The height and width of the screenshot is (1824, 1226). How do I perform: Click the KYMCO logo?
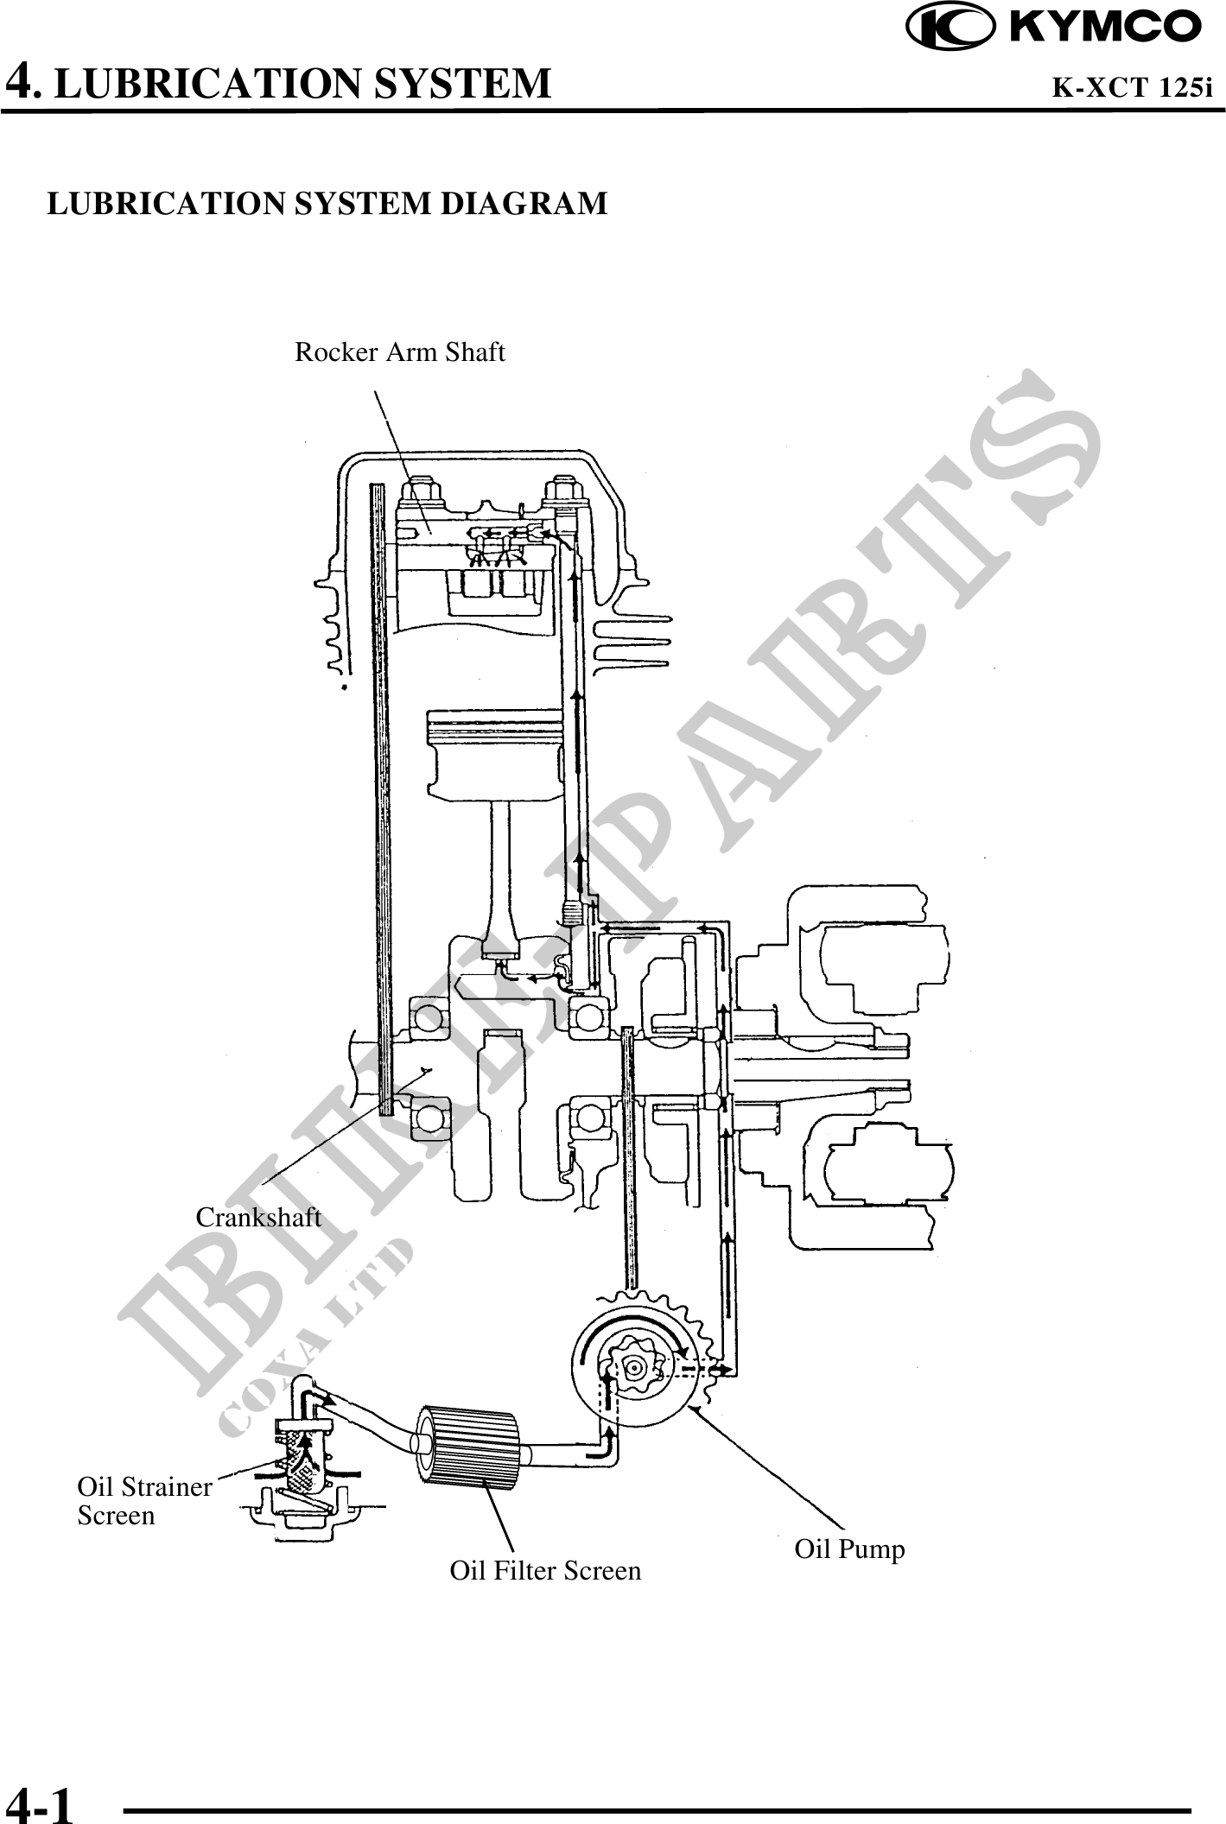[x=1053, y=28]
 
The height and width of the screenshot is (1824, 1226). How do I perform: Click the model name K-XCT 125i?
[x=1131, y=87]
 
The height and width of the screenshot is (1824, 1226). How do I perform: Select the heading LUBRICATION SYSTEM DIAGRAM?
[x=327, y=204]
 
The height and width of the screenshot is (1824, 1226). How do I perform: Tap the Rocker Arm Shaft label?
[x=399, y=352]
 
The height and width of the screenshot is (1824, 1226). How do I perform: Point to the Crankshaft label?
[x=258, y=1218]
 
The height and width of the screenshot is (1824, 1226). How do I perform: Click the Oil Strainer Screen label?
[x=143, y=1501]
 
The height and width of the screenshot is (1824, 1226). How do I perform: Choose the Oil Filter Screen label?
[x=545, y=1569]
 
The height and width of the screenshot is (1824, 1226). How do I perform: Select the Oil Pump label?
[x=849, y=1548]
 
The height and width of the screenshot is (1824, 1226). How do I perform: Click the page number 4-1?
[x=40, y=1803]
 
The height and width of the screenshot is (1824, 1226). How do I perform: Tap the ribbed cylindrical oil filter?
[x=468, y=1453]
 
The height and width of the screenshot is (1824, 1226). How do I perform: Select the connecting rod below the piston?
[x=502, y=872]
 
